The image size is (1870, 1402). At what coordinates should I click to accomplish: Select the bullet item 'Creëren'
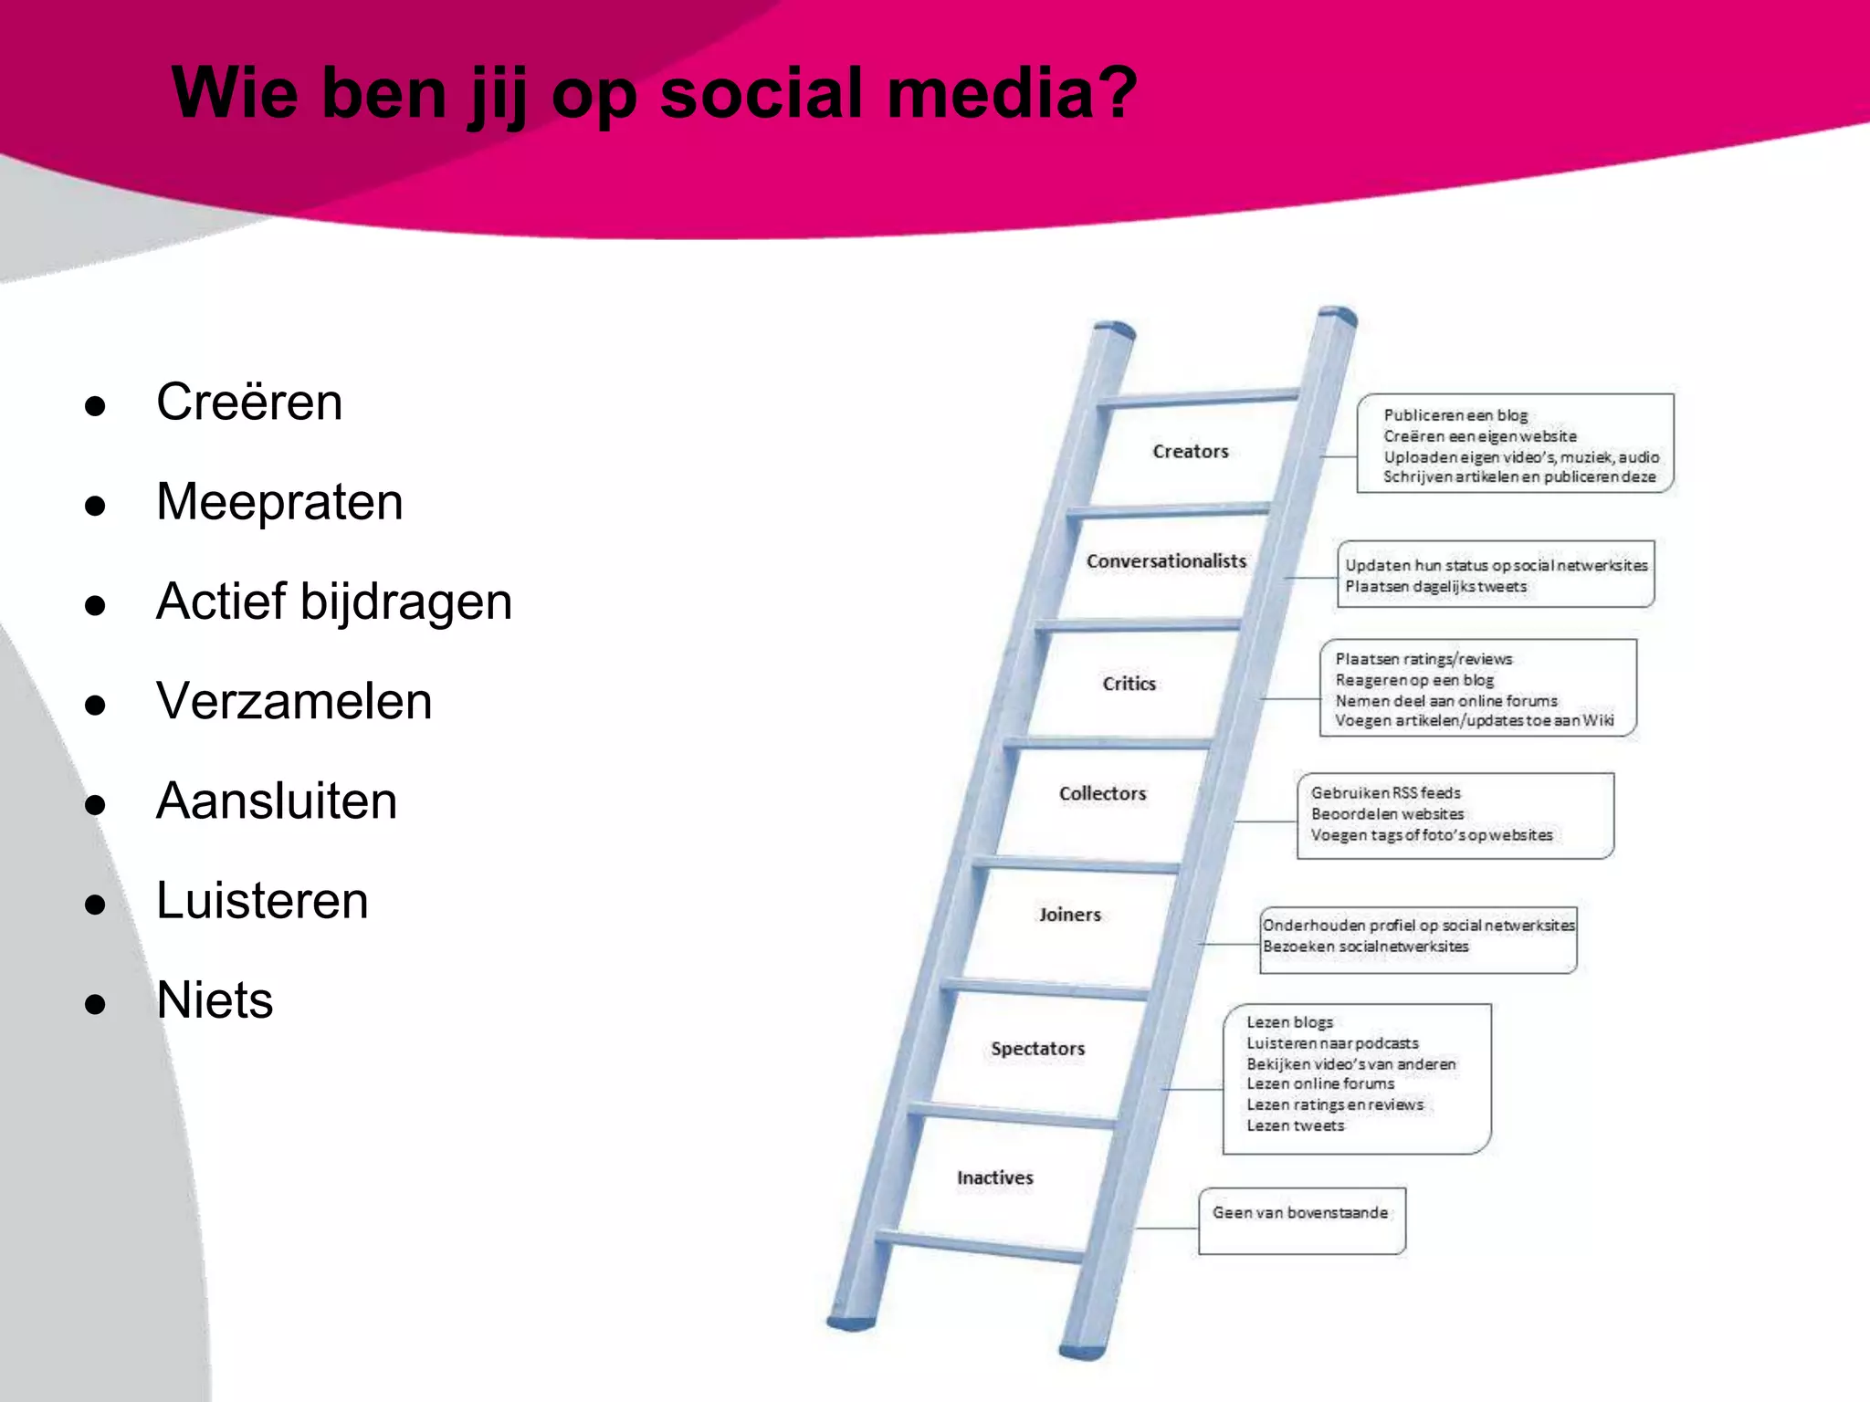point(249,402)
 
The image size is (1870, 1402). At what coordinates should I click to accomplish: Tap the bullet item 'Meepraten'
point(279,501)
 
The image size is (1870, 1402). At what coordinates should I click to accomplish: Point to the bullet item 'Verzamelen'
point(294,701)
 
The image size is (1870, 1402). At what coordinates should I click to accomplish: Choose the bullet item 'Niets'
point(215,999)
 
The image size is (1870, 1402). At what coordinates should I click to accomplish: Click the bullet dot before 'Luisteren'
point(95,905)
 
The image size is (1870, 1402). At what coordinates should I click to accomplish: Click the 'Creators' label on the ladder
point(1191,451)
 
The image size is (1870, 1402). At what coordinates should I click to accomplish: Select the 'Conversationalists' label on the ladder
point(1166,561)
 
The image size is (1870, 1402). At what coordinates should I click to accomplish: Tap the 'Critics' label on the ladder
point(1129,684)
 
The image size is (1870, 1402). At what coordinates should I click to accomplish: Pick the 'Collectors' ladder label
point(1102,794)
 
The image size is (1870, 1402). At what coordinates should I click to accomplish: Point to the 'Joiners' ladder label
point(1070,915)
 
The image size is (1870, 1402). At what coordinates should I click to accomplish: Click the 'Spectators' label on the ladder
point(1038,1049)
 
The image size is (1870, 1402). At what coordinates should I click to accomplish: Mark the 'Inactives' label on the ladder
point(995,1178)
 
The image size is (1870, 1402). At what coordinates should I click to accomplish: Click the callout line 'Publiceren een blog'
point(1455,415)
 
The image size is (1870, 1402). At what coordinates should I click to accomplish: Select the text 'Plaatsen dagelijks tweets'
point(1435,587)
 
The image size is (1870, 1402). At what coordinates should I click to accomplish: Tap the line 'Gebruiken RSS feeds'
point(1386,793)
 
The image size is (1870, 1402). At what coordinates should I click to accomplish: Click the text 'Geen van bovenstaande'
point(1300,1213)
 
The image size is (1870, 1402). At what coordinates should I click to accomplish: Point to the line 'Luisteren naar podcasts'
point(1333,1043)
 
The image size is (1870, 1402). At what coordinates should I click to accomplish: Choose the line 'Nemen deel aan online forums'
point(1446,701)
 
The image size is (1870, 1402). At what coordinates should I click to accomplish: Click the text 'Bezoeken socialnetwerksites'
point(1366,947)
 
